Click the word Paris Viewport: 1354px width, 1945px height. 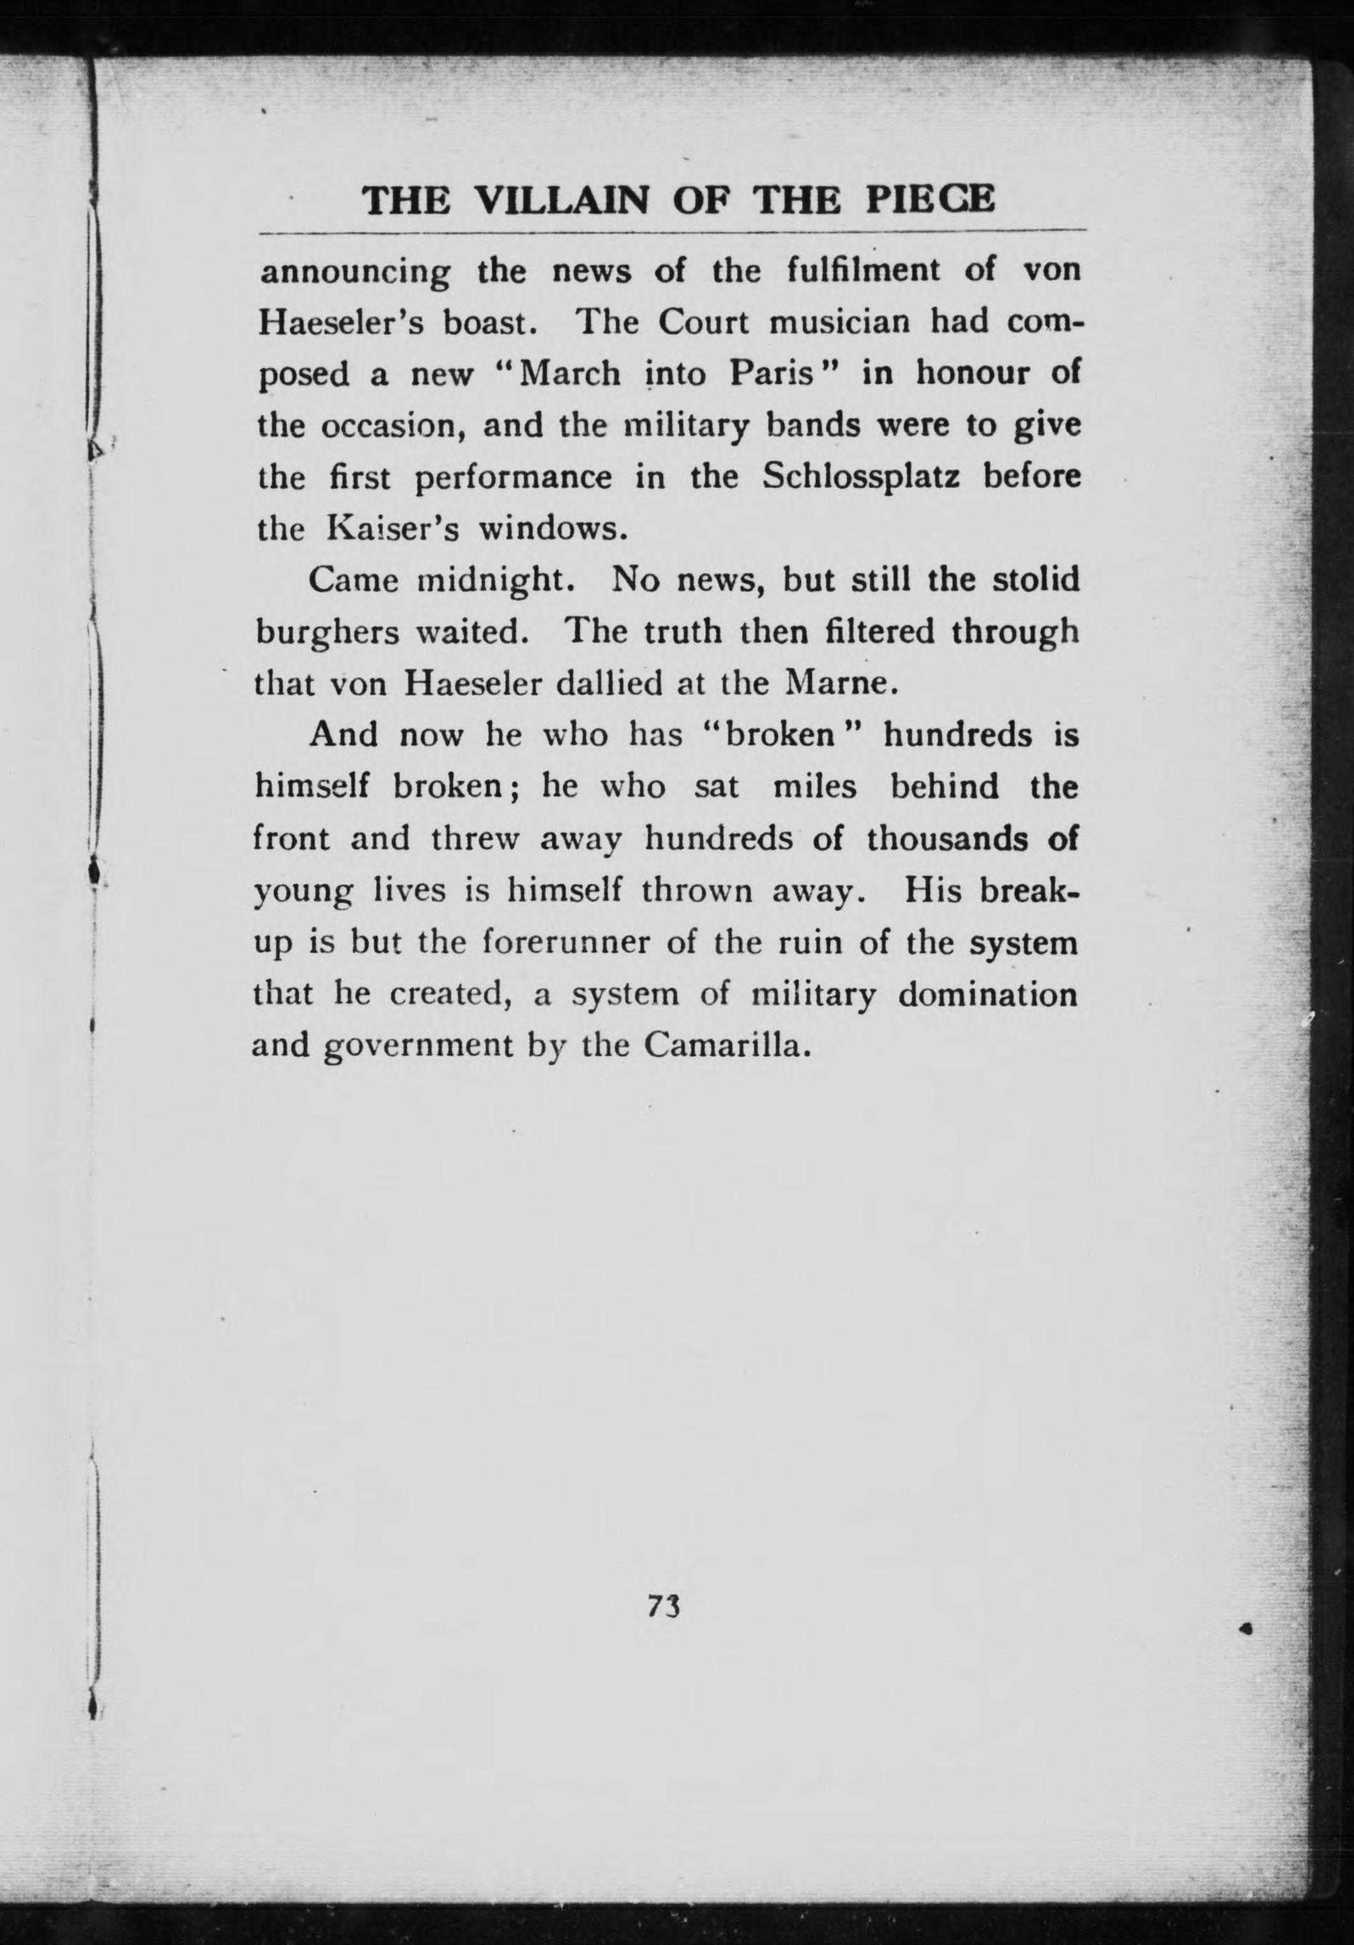pos(770,374)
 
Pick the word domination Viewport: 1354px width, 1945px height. pos(987,994)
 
